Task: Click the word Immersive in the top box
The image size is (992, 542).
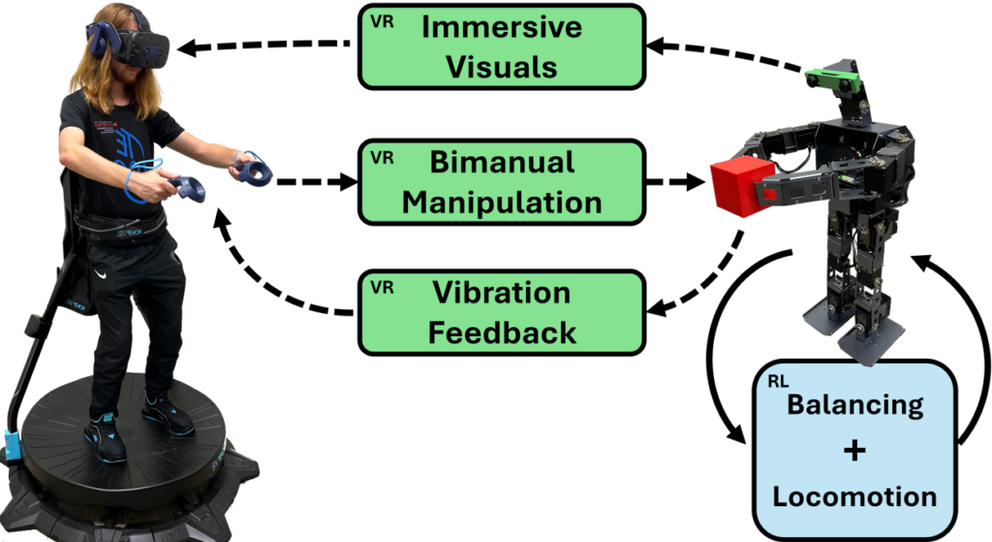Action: [502, 27]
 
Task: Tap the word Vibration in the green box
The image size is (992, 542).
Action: [502, 293]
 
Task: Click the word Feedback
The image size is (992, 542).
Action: [502, 333]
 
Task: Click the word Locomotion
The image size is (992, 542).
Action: [854, 497]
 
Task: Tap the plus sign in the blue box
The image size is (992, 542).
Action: [854, 451]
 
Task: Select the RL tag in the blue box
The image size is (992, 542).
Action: [778, 382]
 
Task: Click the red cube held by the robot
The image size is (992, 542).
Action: [740, 187]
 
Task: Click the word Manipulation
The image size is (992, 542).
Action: [502, 202]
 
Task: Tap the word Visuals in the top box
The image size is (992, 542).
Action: [502, 67]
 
